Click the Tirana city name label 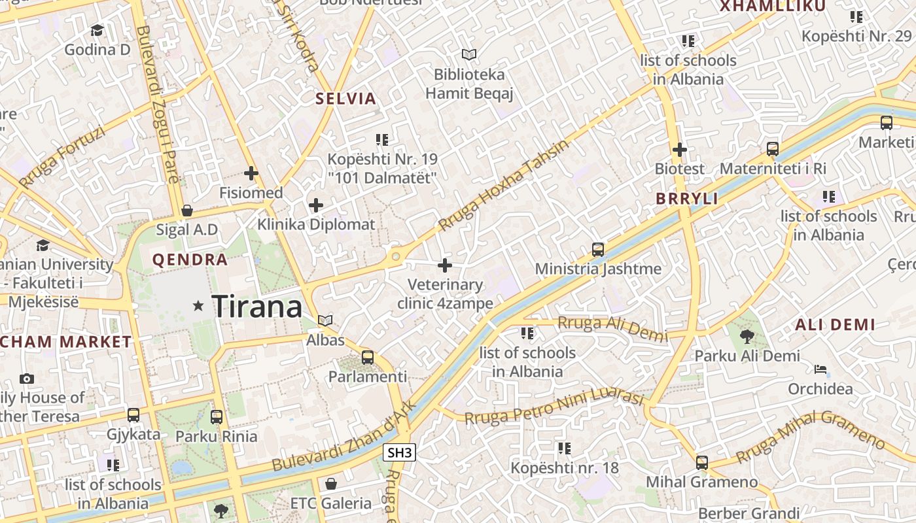coord(257,306)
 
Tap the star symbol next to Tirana coord(198,305)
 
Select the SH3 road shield coord(399,452)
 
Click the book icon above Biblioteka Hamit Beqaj coord(468,54)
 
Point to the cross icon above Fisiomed coord(251,173)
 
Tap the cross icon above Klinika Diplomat coord(316,205)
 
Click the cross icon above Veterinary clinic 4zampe coord(445,265)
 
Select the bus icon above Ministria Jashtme coord(598,249)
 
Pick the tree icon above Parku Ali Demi coord(747,337)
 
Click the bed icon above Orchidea coord(820,369)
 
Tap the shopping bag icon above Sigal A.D coord(187,211)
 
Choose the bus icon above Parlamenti coord(368,357)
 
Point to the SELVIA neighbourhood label coord(345,99)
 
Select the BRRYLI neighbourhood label coord(687,199)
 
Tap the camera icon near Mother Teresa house coord(27,379)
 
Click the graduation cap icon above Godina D coord(97,30)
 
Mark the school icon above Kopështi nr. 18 coord(564,448)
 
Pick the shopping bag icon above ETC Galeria coord(331,484)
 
